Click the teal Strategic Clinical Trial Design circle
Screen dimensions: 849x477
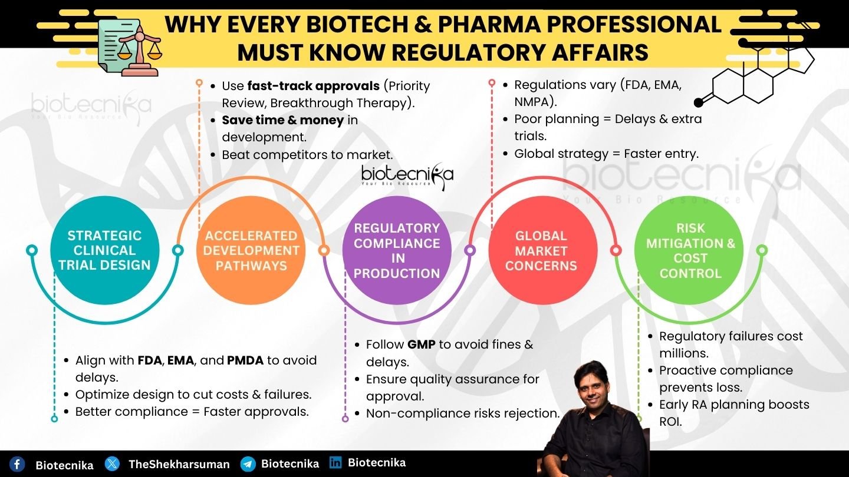(x=104, y=250)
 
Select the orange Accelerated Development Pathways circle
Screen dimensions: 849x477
(x=251, y=250)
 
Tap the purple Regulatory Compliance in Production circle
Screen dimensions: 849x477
(x=397, y=250)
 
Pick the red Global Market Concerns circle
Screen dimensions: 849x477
(x=543, y=250)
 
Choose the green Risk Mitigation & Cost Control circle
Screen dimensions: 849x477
(x=689, y=250)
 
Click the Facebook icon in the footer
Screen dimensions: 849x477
(x=17, y=464)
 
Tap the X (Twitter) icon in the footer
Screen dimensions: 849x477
(x=112, y=464)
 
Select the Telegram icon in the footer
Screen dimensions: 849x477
(x=248, y=464)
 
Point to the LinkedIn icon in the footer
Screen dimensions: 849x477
(x=335, y=462)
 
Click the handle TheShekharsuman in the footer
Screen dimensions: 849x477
(x=179, y=465)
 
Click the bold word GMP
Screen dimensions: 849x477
(x=421, y=344)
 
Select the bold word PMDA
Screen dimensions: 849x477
(x=245, y=360)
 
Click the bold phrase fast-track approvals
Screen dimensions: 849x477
(x=314, y=87)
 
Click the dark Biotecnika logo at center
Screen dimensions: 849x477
(x=407, y=175)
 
